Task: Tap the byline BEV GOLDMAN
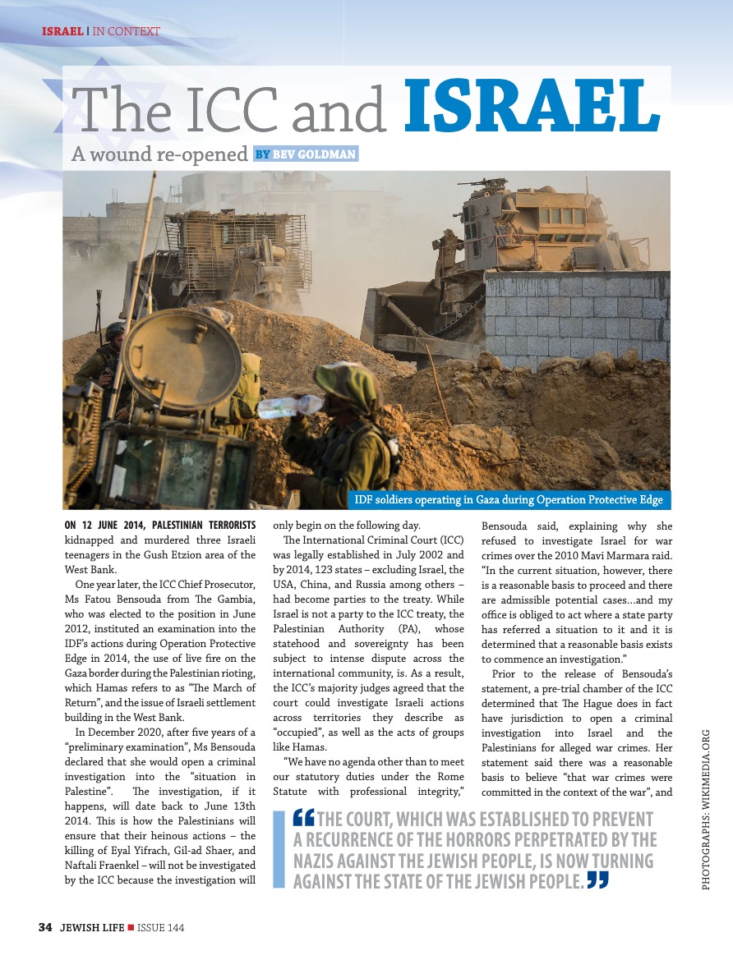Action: pyautogui.click(x=315, y=154)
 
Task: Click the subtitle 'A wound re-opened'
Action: pyautogui.click(x=159, y=154)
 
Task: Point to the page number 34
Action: pyautogui.click(x=45, y=928)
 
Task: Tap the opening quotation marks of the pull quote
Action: pyautogui.click(x=303, y=820)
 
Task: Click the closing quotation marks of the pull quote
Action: pyautogui.click(x=598, y=881)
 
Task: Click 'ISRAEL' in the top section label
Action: pyautogui.click(x=62, y=32)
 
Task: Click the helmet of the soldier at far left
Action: pyautogui.click(x=115, y=331)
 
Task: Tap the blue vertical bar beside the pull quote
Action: pyautogui.click(x=279, y=851)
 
